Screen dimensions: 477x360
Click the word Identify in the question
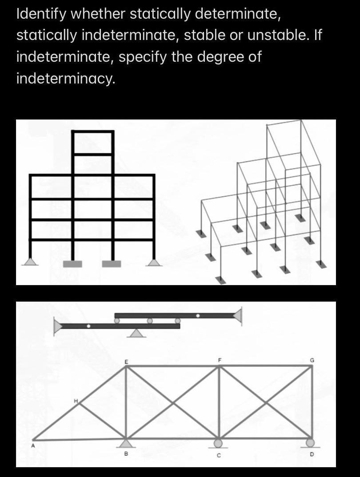[40, 14]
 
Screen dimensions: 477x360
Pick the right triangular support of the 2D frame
[154, 262]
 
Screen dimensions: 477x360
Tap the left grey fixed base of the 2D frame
[73, 264]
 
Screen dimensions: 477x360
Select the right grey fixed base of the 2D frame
[111, 264]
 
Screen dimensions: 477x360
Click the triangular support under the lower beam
[138, 333]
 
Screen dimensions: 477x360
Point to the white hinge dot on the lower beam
[88, 326]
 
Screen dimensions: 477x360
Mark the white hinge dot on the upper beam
[198, 316]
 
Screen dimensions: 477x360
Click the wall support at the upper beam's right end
[238, 315]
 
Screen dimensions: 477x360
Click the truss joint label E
[125, 362]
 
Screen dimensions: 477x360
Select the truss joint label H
[76, 401]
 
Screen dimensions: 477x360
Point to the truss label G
[312, 359]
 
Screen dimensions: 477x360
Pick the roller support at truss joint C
[218, 443]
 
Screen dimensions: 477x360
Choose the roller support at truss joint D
[310, 442]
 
